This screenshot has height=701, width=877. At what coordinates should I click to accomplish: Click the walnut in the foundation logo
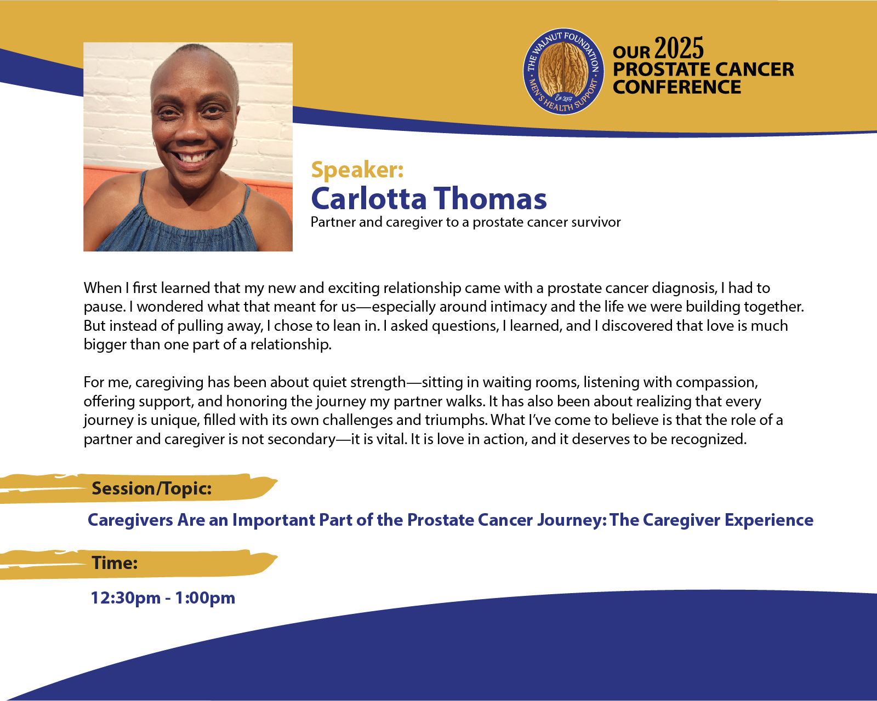point(563,70)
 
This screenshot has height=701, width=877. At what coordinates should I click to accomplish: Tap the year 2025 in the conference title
point(679,48)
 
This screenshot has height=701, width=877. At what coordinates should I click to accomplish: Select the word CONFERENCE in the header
point(677,87)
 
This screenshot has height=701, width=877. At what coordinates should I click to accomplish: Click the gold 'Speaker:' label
point(357,170)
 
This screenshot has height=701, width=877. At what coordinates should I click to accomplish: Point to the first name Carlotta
point(369,199)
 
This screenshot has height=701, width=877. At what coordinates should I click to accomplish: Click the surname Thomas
point(490,199)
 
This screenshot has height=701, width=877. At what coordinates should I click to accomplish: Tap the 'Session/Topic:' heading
point(152,488)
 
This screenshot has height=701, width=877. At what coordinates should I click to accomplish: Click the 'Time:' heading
point(115,563)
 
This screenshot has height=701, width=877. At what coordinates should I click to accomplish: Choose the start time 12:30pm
point(126,598)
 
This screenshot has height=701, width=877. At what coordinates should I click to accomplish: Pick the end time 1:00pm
point(206,598)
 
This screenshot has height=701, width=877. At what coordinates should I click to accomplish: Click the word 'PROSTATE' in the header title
point(661,69)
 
